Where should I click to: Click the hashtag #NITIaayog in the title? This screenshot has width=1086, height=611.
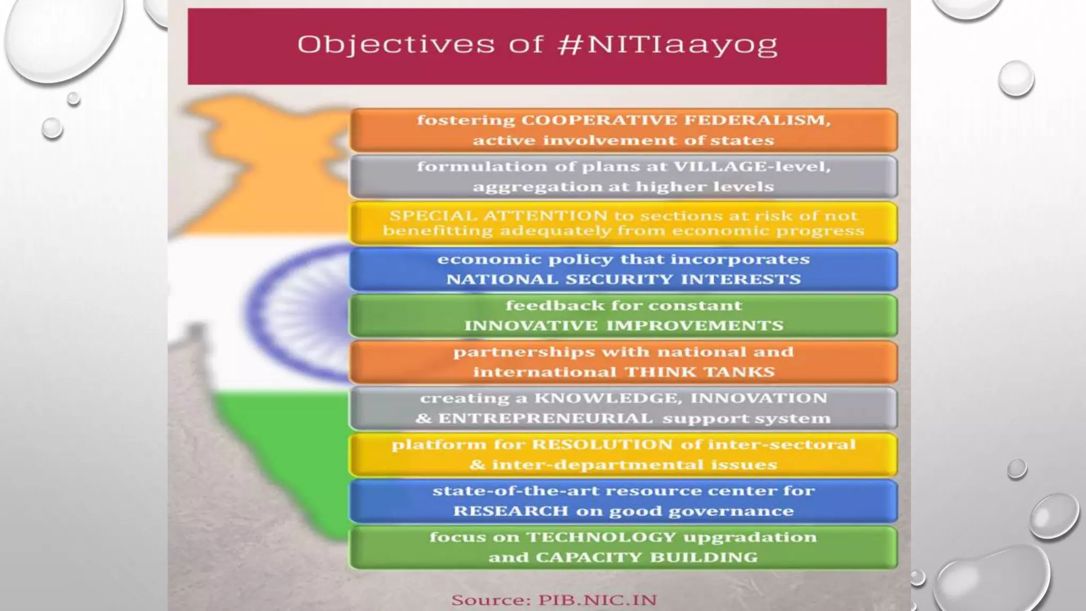pyautogui.click(x=668, y=45)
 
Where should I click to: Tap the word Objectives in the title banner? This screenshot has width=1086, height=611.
pyautogui.click(x=396, y=45)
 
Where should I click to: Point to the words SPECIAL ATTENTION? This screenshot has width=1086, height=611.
pyautogui.click(x=498, y=216)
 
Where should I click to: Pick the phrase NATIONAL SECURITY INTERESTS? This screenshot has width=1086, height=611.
pyautogui.click(x=624, y=280)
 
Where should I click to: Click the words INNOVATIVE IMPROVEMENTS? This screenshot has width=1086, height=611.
pyautogui.click(x=624, y=326)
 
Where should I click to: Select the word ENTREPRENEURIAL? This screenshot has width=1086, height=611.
pyautogui.click(x=545, y=418)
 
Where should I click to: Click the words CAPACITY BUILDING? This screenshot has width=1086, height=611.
pyautogui.click(x=646, y=557)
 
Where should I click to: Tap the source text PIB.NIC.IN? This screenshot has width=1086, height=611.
pyautogui.click(x=598, y=600)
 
